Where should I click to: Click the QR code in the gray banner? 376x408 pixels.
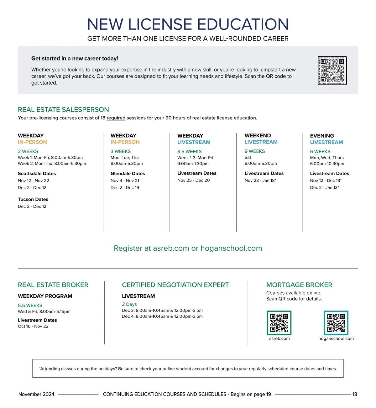(x=332, y=71)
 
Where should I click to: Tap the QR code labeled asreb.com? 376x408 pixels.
(x=279, y=323)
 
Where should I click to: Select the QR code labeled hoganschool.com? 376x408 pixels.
(x=336, y=323)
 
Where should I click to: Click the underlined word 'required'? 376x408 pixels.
(x=116, y=118)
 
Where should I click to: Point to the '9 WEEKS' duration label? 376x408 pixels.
(x=255, y=151)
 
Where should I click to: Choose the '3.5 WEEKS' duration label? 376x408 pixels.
(x=190, y=152)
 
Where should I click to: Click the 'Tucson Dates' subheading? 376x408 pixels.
(x=33, y=199)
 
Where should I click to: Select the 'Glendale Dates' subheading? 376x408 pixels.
(x=128, y=174)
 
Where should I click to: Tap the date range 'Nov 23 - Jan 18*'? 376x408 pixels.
(x=260, y=180)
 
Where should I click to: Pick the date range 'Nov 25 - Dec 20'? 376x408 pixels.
(x=194, y=180)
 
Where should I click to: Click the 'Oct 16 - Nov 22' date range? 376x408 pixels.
(x=33, y=327)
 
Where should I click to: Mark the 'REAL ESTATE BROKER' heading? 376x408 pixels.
(x=53, y=285)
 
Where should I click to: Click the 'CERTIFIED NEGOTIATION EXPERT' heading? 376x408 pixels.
(x=175, y=285)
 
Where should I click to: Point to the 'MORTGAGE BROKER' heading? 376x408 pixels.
(x=299, y=285)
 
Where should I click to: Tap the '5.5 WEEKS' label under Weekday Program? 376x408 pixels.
(x=30, y=306)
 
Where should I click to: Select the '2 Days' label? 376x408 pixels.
(x=129, y=304)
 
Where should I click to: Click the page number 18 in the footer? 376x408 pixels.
(x=355, y=395)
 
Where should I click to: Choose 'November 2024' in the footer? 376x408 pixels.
(x=36, y=395)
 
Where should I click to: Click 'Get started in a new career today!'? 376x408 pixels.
(x=75, y=59)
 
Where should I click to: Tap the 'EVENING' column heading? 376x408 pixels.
(x=322, y=136)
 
